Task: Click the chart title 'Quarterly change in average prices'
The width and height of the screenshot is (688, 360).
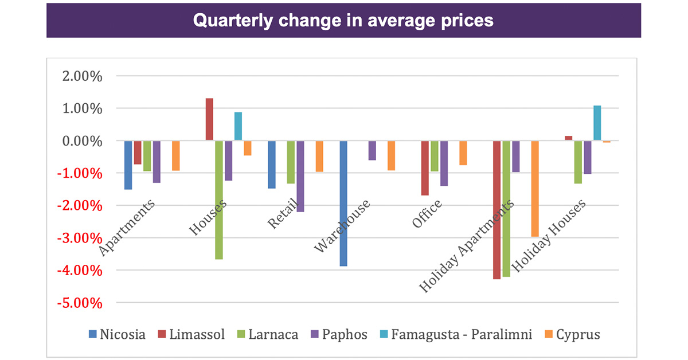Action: pos(343,21)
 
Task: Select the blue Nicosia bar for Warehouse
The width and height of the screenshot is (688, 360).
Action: pos(343,204)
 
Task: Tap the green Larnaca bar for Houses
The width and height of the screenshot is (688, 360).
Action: pos(219,200)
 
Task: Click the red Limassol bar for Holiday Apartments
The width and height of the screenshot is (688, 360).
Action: pos(497,210)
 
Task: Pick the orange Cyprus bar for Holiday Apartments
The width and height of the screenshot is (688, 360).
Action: pos(534,189)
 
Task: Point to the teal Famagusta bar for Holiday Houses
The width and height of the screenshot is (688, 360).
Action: pos(597,123)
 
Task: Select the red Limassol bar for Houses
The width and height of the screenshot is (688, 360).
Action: pos(209,120)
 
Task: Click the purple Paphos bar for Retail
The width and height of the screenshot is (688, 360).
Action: pos(300,177)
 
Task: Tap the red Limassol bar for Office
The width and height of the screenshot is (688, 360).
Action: pos(425,168)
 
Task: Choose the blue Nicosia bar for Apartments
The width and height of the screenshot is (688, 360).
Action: pos(128,165)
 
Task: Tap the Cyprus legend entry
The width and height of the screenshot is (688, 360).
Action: pos(574,334)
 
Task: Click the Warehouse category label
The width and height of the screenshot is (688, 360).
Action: pos(343,226)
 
